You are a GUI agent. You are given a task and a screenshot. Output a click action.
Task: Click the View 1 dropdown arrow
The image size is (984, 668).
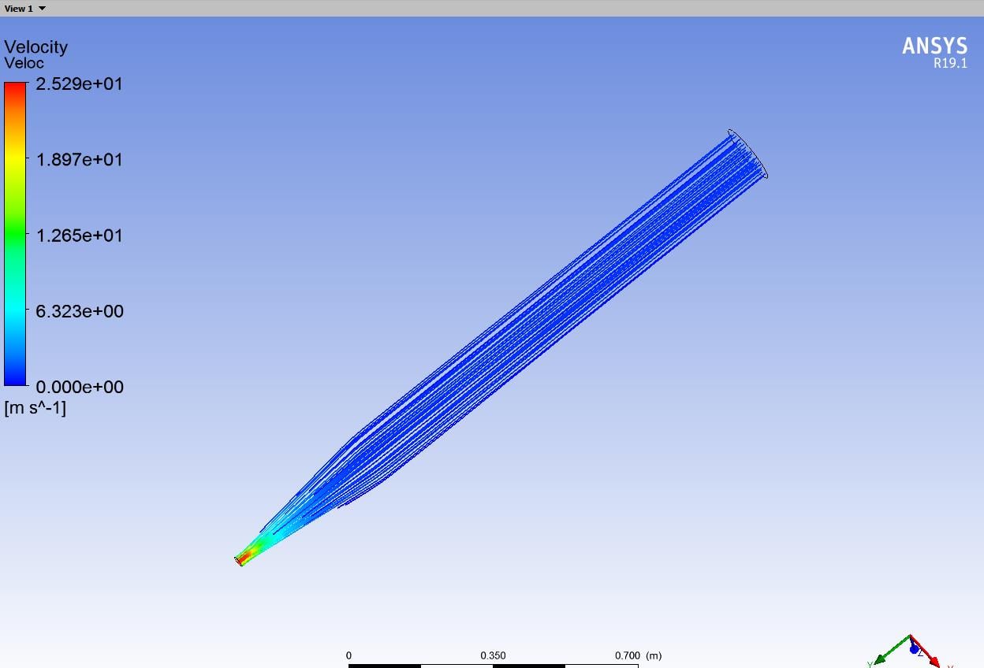coord(42,9)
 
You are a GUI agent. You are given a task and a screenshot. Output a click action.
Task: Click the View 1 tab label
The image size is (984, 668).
coord(18,9)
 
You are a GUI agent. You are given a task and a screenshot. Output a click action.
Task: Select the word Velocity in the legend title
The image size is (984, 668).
coord(36,47)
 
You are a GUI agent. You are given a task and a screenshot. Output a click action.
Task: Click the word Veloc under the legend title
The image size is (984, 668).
coord(24,63)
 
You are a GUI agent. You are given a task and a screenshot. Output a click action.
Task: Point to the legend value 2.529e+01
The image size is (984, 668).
coord(79,83)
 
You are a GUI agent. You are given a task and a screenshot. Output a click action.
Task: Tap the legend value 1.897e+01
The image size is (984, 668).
coord(79,160)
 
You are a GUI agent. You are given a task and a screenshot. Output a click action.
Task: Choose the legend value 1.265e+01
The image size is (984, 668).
coord(79,236)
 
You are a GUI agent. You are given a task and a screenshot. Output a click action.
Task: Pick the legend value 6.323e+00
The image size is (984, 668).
coord(80,311)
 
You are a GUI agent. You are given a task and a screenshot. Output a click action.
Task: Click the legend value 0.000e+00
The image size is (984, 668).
coord(80,387)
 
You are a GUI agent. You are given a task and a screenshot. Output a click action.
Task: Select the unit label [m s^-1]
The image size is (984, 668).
coord(35,408)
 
